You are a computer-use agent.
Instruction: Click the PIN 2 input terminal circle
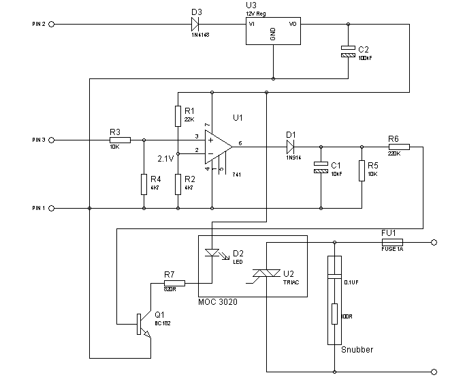(x=51, y=24)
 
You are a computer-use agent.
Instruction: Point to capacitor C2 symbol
(x=348, y=50)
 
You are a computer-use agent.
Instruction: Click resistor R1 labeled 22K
(x=178, y=116)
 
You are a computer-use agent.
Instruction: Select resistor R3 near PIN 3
(x=114, y=140)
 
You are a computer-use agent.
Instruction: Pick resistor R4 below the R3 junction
(x=144, y=183)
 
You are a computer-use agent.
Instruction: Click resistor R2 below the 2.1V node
(x=178, y=183)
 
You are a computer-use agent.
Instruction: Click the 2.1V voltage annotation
(x=166, y=158)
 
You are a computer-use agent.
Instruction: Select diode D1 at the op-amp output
(x=291, y=146)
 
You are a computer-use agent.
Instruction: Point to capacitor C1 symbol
(x=319, y=168)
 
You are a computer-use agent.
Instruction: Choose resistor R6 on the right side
(x=398, y=146)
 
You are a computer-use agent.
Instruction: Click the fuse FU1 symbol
(x=392, y=241)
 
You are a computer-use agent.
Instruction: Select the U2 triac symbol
(x=268, y=274)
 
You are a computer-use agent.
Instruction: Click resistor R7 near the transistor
(x=174, y=282)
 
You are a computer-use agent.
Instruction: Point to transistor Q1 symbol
(x=142, y=323)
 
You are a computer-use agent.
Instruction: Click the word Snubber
(x=357, y=350)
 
